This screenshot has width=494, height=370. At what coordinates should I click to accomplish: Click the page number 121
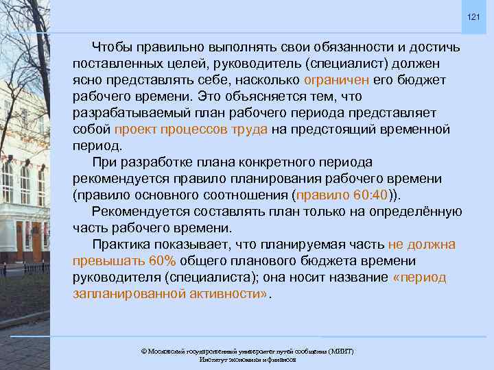click(474, 16)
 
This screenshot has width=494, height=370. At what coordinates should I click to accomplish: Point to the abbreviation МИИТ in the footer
click(339, 351)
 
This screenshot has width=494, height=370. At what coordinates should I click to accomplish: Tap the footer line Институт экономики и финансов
click(247, 359)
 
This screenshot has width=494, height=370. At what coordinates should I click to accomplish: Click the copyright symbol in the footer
click(143, 351)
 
